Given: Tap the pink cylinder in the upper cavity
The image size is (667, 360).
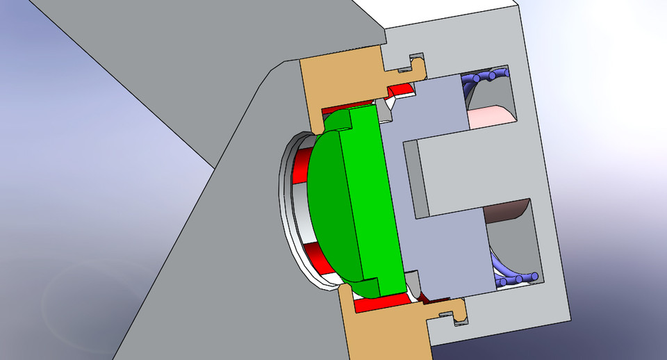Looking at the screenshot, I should pyautogui.click(x=491, y=115).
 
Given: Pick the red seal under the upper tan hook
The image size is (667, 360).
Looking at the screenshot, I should pyautogui.click(x=400, y=90).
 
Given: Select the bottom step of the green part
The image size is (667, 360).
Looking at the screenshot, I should pyautogui.click(x=368, y=285).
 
